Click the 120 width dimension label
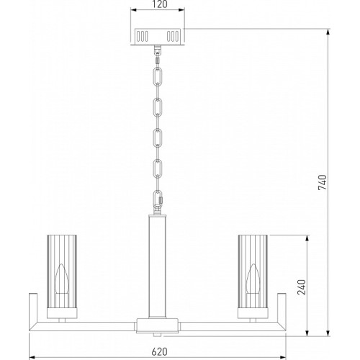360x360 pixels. (x=160, y=4)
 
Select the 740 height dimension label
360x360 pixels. (x=323, y=183)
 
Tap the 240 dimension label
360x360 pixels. (x=302, y=287)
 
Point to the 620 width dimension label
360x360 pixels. (x=159, y=351)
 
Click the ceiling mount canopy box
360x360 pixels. (x=158, y=37)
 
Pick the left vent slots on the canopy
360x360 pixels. (x=142, y=37)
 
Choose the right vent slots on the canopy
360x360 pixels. (x=173, y=37)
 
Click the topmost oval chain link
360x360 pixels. (x=158, y=76)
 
